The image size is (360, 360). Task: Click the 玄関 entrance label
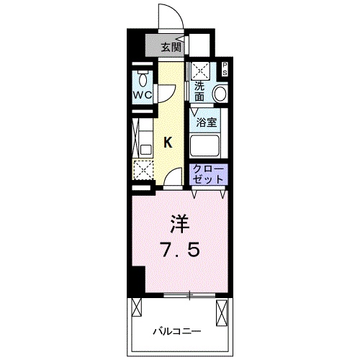[x=171, y=48]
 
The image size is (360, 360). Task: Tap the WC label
[x=143, y=95]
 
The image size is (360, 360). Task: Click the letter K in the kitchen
[x=168, y=143]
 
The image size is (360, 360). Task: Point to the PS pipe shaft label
[x=225, y=69]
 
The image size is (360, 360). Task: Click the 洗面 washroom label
[x=199, y=91]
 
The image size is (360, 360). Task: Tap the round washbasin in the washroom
[x=220, y=94]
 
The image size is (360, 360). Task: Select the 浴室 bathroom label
[x=207, y=122]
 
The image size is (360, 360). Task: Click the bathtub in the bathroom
[x=204, y=145]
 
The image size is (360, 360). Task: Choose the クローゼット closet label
[x=208, y=174]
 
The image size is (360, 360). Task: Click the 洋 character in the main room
[x=180, y=224]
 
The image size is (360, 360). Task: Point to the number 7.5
[x=181, y=249]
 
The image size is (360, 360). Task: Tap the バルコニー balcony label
[x=177, y=332]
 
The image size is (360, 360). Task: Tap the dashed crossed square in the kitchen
[x=143, y=170]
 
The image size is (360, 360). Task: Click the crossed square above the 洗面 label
[x=200, y=71]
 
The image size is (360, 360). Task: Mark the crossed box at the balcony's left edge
[x=137, y=307]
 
